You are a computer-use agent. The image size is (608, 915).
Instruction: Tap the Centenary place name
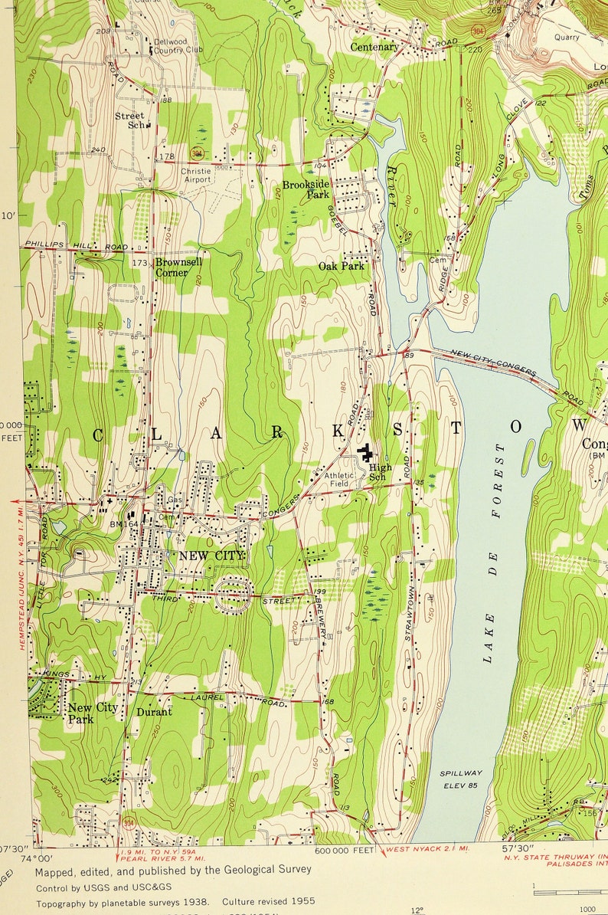coord(374,47)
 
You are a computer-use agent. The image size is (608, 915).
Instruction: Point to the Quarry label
coord(567,36)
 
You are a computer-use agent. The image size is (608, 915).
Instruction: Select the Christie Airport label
coord(195,175)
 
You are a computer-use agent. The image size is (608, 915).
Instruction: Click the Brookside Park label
coord(306,189)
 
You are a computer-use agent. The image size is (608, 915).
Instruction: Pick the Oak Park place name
coord(342,266)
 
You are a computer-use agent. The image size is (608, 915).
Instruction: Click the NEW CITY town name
coord(212,555)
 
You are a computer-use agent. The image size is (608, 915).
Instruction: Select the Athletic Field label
coord(339,480)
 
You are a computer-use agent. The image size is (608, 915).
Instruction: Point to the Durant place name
coord(154,711)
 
